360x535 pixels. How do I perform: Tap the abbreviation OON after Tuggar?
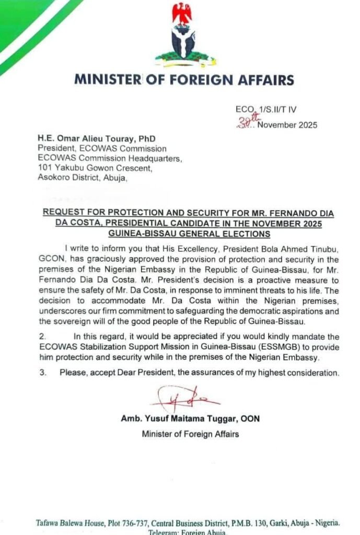click(250, 419)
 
